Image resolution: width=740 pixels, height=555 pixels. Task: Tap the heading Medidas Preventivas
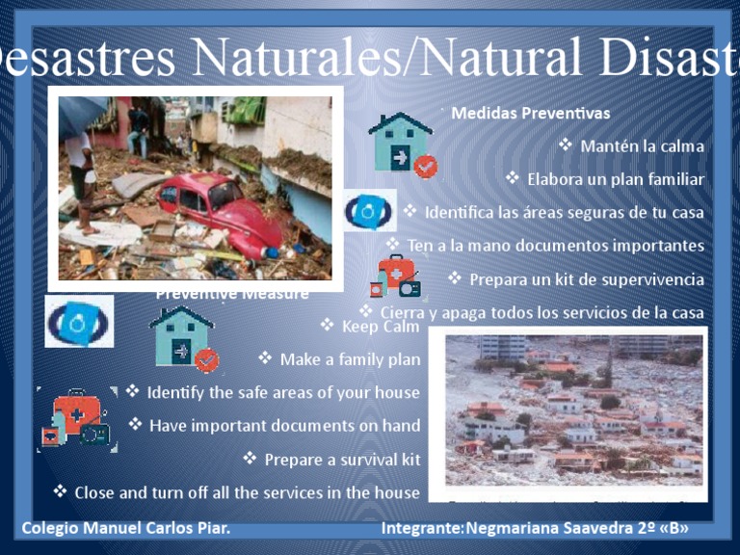[530, 114]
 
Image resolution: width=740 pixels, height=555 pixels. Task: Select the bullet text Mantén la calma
[642, 146]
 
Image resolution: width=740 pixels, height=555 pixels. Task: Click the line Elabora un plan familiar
[615, 179]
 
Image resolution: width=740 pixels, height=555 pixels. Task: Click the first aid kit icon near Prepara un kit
[396, 277]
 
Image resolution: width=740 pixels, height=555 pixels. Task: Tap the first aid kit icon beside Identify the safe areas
[77, 420]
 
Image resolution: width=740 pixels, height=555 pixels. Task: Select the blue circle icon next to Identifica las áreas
[369, 211]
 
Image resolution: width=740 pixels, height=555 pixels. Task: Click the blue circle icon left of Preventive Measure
[79, 322]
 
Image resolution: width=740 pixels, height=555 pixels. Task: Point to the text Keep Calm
[381, 327]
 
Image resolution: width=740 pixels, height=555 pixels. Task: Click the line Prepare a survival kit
[342, 460]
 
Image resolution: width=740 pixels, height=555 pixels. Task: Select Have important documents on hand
[284, 426]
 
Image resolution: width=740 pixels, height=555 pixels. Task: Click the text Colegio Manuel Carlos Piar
[126, 529]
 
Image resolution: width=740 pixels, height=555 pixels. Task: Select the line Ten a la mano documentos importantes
[555, 246]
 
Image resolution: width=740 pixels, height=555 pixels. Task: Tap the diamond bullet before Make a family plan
[265, 359]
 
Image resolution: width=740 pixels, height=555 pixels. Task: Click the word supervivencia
[651, 279]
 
